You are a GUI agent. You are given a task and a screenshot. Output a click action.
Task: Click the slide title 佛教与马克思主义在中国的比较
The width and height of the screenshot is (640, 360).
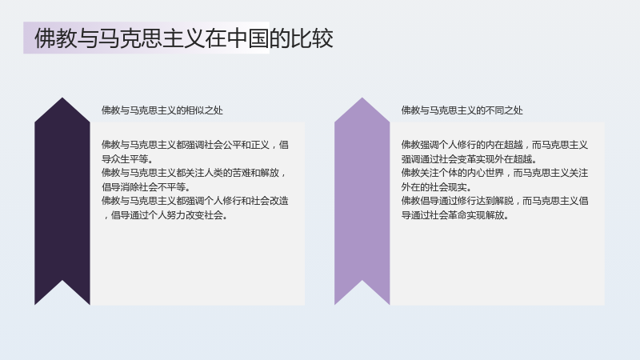point(184,38)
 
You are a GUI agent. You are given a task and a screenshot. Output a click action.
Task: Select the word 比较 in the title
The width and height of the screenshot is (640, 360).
point(312,38)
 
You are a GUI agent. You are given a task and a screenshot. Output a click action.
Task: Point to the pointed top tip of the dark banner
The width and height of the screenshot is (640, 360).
point(62,98)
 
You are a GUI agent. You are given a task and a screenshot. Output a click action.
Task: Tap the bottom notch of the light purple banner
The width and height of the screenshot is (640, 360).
point(362,281)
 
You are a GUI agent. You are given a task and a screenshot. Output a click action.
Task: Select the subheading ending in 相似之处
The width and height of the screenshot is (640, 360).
point(162,110)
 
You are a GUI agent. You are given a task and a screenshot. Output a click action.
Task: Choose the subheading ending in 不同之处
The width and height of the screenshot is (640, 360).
point(462,110)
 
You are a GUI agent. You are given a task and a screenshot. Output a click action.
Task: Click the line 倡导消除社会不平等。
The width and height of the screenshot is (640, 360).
point(146,187)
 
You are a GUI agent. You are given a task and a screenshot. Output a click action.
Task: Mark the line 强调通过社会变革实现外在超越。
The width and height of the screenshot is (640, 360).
point(469,158)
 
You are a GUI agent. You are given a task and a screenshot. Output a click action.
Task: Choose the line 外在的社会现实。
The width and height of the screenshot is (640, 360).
point(436,187)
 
